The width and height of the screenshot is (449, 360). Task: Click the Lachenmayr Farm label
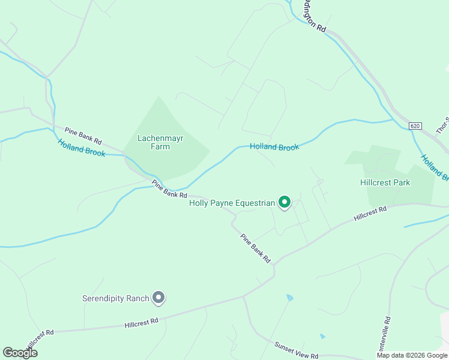(x=160, y=142)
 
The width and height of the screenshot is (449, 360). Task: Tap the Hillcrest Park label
(x=385, y=182)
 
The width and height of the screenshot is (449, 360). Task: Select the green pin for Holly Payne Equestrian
(x=285, y=203)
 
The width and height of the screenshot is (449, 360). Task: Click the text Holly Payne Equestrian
(x=232, y=203)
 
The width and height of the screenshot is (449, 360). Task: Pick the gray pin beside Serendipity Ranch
(x=158, y=297)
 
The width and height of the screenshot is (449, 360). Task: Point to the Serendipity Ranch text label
(x=115, y=298)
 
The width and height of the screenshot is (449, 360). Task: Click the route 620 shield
(x=416, y=126)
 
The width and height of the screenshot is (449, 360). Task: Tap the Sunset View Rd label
(x=297, y=351)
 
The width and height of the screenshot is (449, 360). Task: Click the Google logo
(x=20, y=353)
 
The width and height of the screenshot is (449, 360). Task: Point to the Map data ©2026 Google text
(x=412, y=355)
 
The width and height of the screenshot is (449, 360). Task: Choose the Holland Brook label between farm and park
(x=274, y=146)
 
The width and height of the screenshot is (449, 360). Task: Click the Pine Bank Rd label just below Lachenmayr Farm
(x=170, y=190)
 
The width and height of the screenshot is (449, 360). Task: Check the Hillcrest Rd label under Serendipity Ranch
(x=142, y=323)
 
